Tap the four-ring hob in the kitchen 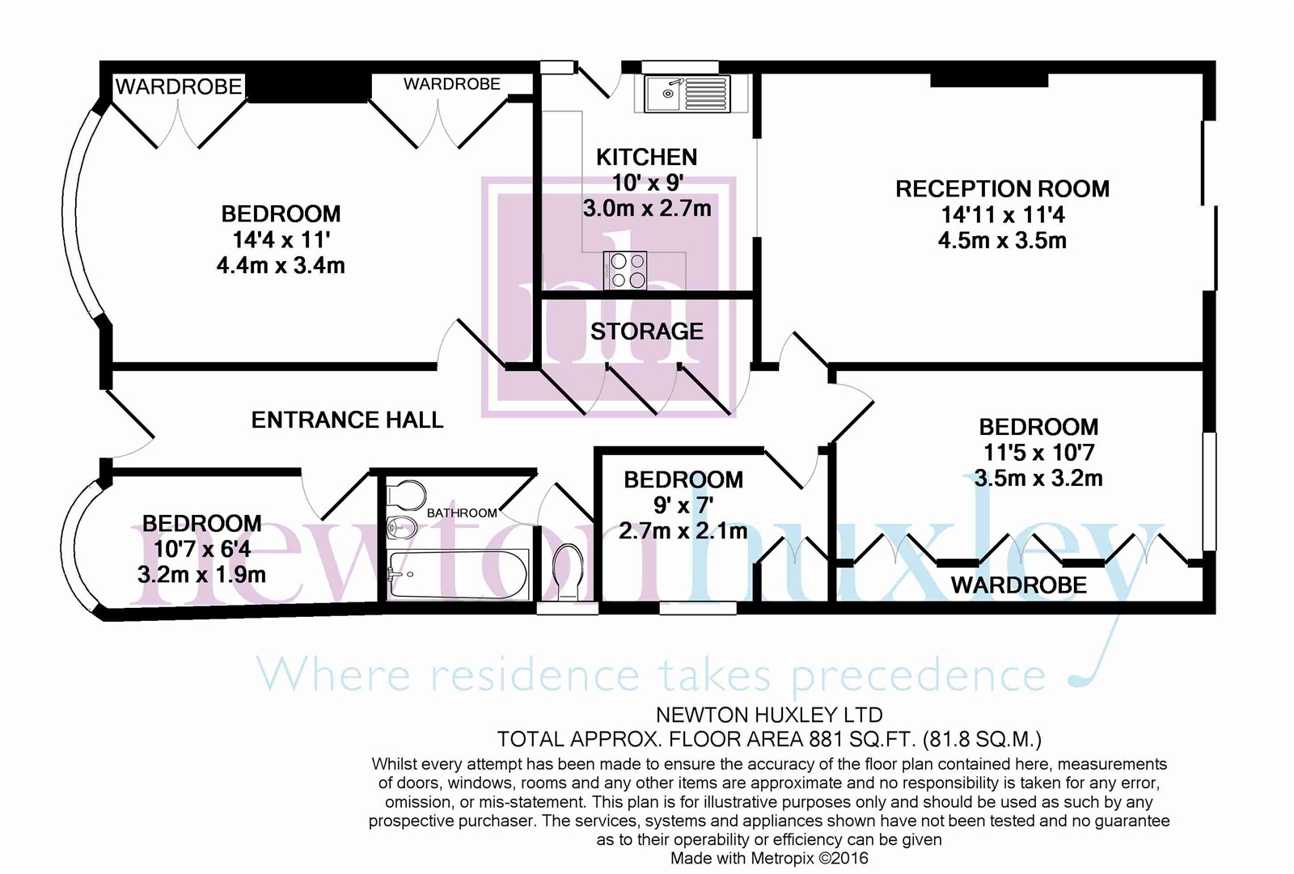624,271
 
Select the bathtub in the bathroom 458,575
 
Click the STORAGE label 646,331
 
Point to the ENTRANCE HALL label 347,420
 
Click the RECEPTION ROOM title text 1002,189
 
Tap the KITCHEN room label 646,157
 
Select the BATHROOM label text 462,513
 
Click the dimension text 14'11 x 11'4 1002,215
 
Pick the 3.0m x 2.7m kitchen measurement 647,209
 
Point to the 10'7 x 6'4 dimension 202,550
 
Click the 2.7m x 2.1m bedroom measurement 683,531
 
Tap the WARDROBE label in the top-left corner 179,87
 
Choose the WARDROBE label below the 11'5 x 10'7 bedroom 1018,585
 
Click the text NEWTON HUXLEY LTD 769,715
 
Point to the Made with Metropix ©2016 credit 769,859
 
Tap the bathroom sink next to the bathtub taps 402,528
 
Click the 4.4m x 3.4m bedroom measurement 281,266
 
